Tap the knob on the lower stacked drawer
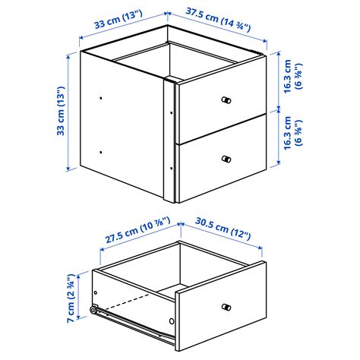[226, 159]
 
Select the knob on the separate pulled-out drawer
[226, 307]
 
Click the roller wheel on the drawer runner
[93, 310]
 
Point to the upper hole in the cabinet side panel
[101, 97]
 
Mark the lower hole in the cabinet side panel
[101, 152]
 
